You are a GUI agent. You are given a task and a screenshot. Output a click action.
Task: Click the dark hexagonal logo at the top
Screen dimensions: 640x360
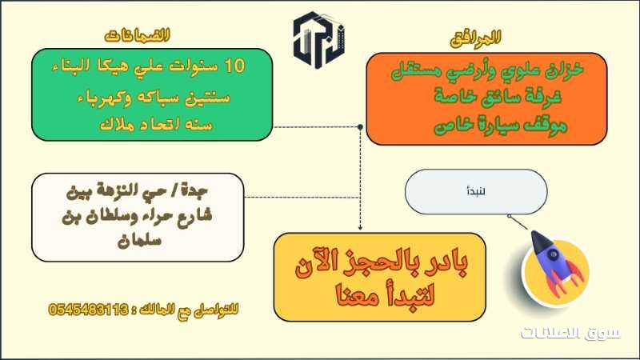pyautogui.click(x=318, y=39)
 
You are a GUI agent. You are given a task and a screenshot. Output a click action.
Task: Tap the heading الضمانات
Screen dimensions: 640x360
pyautogui.click(x=137, y=35)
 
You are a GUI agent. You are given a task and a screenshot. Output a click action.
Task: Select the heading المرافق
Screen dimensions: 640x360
pyautogui.click(x=475, y=38)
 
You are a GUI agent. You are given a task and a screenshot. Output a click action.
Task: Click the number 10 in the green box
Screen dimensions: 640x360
pyautogui.click(x=234, y=66)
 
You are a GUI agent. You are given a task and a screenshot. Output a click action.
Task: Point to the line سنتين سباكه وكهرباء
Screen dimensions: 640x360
pyautogui.click(x=154, y=98)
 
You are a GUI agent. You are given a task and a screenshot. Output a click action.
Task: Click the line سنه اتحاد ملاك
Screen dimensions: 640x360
pyautogui.click(x=156, y=124)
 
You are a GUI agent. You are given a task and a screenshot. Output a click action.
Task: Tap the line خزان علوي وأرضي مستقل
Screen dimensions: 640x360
pyautogui.click(x=487, y=70)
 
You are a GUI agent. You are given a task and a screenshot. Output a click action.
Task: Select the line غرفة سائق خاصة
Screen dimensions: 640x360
pyautogui.click(x=498, y=97)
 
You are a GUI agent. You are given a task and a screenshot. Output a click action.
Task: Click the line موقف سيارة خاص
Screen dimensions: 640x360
pyautogui.click(x=501, y=124)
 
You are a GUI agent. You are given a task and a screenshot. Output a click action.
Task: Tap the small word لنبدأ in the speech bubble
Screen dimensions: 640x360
pyautogui.click(x=476, y=191)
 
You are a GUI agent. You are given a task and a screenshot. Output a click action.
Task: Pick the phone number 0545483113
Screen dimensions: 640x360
pyautogui.click(x=89, y=310)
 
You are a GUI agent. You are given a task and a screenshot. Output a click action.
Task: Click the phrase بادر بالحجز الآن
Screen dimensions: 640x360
pyautogui.click(x=382, y=262)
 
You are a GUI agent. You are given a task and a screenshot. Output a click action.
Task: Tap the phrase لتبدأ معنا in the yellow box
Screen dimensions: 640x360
pyautogui.click(x=385, y=294)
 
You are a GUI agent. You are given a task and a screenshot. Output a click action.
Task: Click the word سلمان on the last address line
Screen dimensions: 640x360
pyautogui.click(x=139, y=240)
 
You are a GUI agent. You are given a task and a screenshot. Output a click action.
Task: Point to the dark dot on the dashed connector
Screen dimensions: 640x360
pyautogui.click(x=360, y=127)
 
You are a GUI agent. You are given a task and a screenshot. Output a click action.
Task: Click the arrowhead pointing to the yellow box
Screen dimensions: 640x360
pyautogui.click(x=360, y=228)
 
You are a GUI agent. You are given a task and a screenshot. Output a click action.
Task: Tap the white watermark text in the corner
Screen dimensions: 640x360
pyautogui.click(x=570, y=333)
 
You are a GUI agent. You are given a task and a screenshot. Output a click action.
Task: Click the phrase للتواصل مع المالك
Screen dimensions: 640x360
pyautogui.click(x=189, y=310)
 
